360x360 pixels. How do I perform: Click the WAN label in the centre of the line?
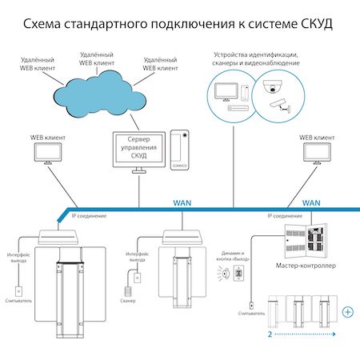tap(182, 203)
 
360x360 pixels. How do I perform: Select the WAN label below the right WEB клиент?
tap(312, 203)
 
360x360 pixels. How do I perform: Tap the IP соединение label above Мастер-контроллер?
tap(284, 217)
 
